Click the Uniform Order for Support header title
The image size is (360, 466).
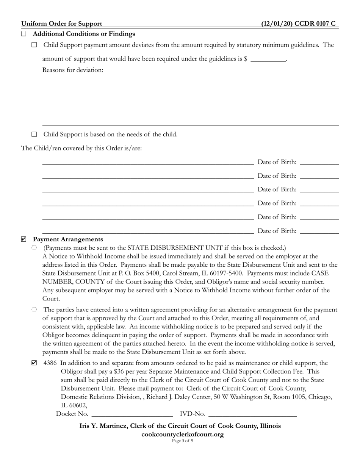tap(61, 23)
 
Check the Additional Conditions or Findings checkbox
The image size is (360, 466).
tap(24, 34)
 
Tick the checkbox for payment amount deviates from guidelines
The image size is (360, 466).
tap(34, 45)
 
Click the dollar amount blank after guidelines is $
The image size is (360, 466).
tap(268, 59)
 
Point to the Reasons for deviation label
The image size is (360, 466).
tap(73, 70)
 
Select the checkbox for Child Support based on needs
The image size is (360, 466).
tap(34, 134)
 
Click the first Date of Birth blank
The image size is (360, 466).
tap(319, 162)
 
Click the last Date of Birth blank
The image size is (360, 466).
tap(319, 231)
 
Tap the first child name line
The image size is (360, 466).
tap(148, 162)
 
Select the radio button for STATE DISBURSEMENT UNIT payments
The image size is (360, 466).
tap(34, 248)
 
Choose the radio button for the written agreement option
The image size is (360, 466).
tap(34, 310)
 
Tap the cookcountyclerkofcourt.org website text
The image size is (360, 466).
tap(182, 434)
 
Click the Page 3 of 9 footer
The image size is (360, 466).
tap(182, 441)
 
